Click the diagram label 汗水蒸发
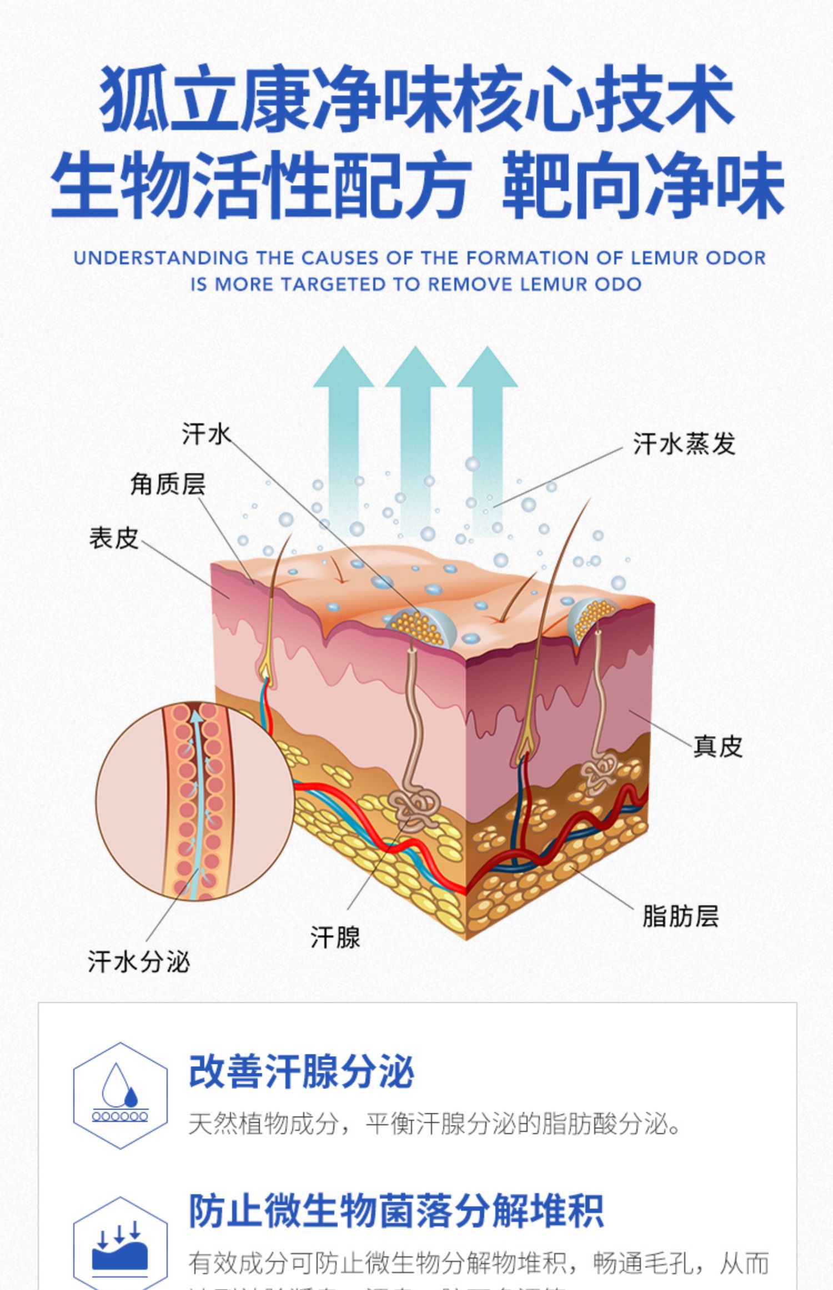pos(684,444)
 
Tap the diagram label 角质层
pos(168,484)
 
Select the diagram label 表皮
pos(114,538)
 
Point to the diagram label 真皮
pos(717,746)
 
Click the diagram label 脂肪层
pos(680,916)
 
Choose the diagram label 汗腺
pos(335,937)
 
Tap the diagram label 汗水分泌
pos(139,962)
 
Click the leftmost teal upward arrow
pos(343,422)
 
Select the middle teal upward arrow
pos(415,422)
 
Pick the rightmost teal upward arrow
pos(487,422)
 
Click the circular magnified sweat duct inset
pos(195,801)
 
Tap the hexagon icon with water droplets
pos(120,1095)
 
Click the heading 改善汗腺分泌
pos(302,1072)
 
